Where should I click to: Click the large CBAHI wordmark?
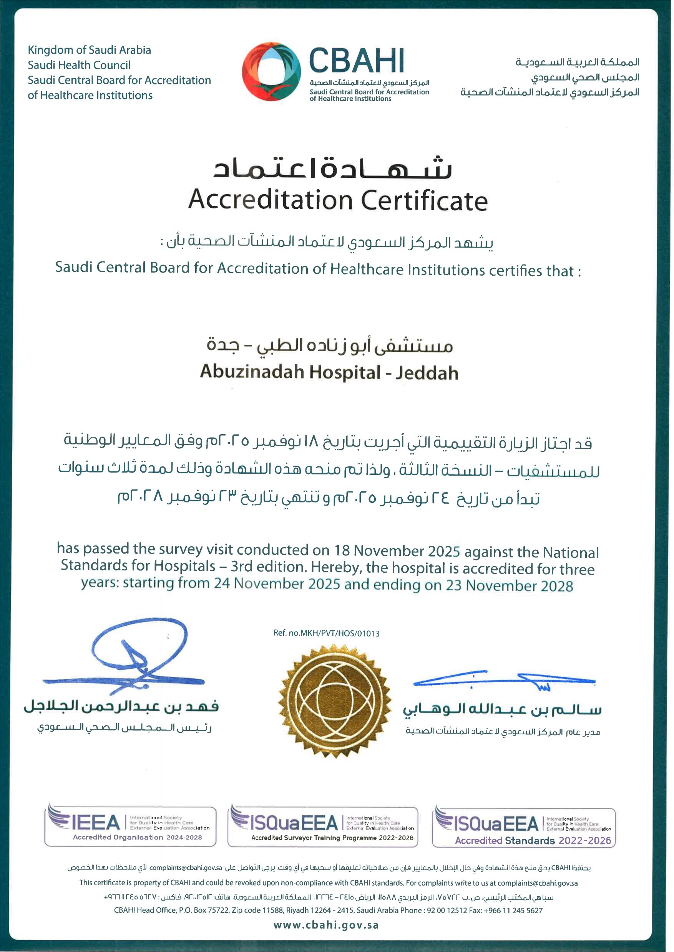pyautogui.click(x=356, y=60)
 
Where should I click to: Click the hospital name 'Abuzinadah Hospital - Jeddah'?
pyautogui.click(x=329, y=372)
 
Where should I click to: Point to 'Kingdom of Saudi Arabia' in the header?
pyautogui.click(x=89, y=50)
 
